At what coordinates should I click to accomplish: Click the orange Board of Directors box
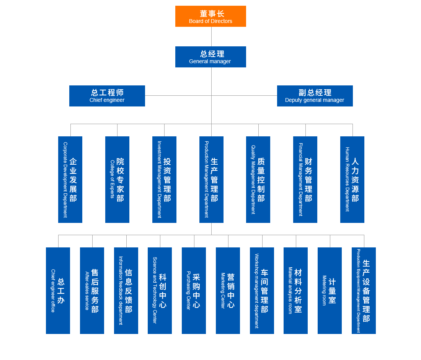[x=210, y=16]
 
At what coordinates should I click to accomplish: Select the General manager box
[x=210, y=57]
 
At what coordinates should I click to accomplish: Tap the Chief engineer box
[x=107, y=96]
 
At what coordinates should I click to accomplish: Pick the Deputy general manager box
[x=315, y=96]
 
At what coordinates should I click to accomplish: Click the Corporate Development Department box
[x=70, y=180]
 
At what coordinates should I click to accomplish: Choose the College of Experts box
[x=117, y=180]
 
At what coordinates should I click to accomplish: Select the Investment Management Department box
[x=164, y=180]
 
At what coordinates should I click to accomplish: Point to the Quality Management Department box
[x=258, y=180]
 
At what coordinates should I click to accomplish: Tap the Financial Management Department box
[x=305, y=180]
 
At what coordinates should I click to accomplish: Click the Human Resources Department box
[x=352, y=180]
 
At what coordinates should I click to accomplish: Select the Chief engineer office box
[x=58, y=291]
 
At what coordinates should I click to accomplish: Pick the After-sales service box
[x=92, y=291]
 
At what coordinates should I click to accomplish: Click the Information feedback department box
[x=126, y=291]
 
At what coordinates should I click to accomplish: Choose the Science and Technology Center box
[x=160, y=291]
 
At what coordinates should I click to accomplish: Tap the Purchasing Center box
[x=194, y=291]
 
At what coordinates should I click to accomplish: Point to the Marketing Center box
[x=228, y=291]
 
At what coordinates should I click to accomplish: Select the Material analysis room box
[x=295, y=291]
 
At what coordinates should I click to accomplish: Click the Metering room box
[x=330, y=291]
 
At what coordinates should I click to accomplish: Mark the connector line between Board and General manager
[x=212, y=36]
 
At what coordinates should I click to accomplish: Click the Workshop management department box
[x=262, y=291]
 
